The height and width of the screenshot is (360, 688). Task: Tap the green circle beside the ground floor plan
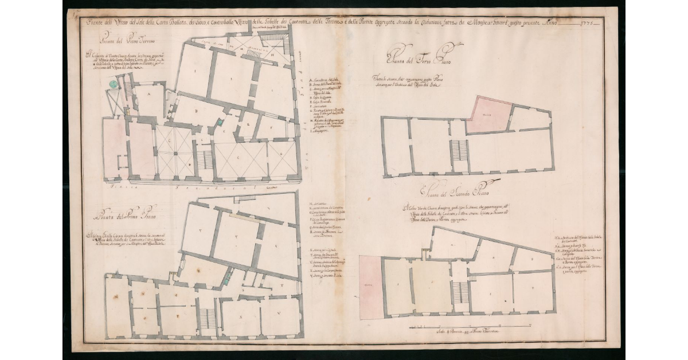pos(114,84)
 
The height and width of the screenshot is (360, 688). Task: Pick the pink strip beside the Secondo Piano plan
pos(370,286)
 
